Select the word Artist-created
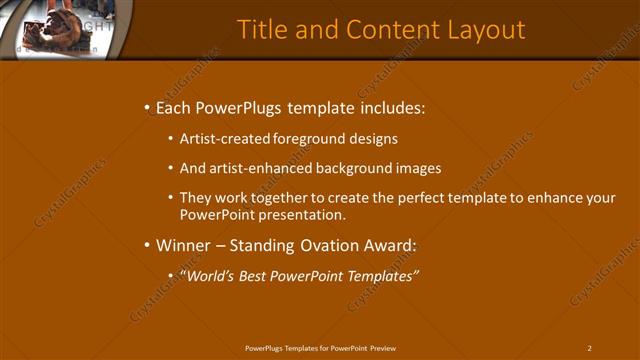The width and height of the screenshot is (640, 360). pyautogui.click(x=221, y=139)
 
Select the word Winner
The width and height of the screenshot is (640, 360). pyautogui.click(x=183, y=245)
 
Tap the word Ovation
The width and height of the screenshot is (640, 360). pyautogui.click(x=324, y=245)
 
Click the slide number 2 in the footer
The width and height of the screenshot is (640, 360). pyautogui.click(x=590, y=348)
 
